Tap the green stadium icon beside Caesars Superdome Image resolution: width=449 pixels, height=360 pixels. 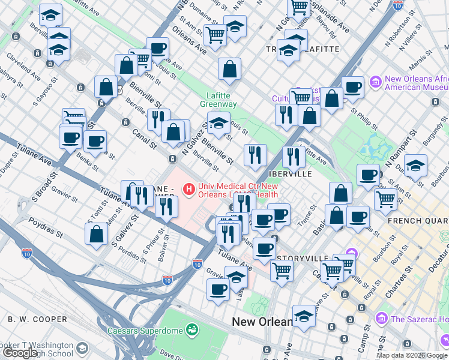(192, 329)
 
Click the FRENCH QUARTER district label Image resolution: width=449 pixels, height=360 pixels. (418, 221)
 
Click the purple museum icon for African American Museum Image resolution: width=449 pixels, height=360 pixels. (376, 81)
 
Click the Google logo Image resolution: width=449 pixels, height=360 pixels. (20, 353)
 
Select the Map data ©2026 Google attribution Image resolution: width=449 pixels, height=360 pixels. (412, 355)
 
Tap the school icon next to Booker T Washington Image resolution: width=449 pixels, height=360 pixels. (82, 347)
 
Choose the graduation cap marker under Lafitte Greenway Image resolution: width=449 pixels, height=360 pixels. (219, 126)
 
